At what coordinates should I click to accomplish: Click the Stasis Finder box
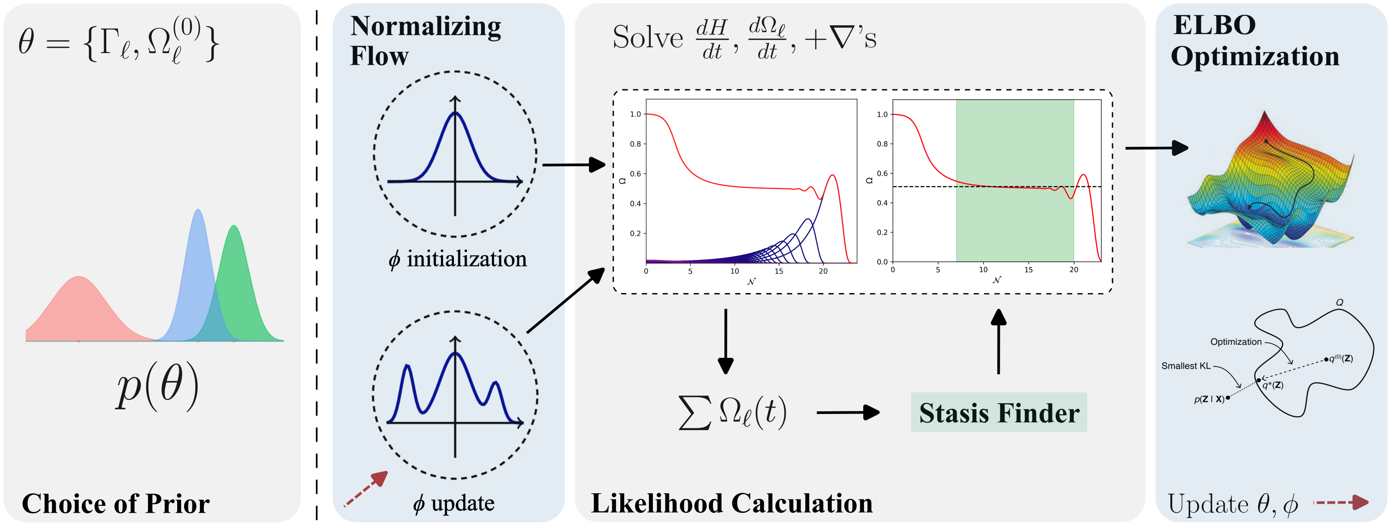click(999, 413)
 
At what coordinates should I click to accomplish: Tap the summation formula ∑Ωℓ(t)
click(732, 413)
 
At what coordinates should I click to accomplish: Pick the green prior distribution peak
click(235, 232)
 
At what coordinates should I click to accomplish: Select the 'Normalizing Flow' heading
click(425, 40)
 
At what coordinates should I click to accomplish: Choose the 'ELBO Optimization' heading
click(1255, 40)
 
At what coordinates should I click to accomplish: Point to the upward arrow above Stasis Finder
click(999, 340)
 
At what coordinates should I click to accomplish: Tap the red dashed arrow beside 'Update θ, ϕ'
click(1341, 503)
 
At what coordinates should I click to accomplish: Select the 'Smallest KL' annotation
click(1186, 366)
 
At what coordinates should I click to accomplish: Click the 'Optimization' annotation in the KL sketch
click(1235, 342)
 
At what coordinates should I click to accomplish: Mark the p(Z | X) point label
click(1209, 400)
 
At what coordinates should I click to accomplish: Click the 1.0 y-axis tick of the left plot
click(635, 114)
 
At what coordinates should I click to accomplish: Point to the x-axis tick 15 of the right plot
click(1028, 270)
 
